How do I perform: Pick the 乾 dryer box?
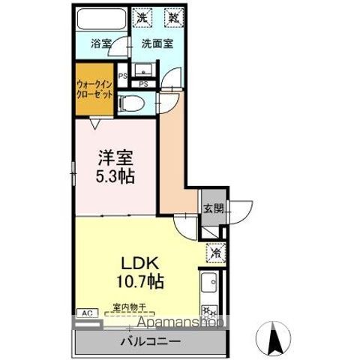[x=173, y=16]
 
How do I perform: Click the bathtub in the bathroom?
[x=102, y=19]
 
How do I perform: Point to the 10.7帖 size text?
[x=139, y=283]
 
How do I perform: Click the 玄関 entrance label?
[x=211, y=209]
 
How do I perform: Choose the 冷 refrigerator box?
[x=214, y=253]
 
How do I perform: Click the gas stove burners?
[x=209, y=309]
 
